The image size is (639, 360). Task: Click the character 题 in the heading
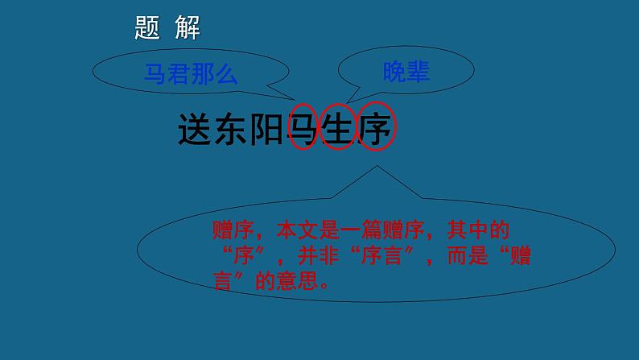tap(148, 28)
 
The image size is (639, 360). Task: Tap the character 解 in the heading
tap(187, 28)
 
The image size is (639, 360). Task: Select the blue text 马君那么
tap(191, 74)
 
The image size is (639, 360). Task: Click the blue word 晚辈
tap(406, 72)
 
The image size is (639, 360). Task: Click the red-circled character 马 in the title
tap(303, 128)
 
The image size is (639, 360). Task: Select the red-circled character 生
tap(339, 128)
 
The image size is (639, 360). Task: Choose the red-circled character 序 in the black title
tap(375, 128)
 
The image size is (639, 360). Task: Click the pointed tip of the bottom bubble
tap(375, 168)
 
